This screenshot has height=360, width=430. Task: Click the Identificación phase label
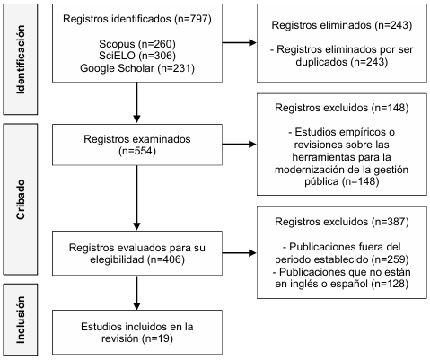[x=21, y=59]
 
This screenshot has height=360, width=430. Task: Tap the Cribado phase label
[x=21, y=199]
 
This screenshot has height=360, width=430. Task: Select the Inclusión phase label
[x=21, y=320]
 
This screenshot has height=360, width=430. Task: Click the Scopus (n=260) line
[x=137, y=44]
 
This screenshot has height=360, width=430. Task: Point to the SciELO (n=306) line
[x=137, y=56]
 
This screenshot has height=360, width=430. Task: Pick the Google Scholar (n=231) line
[x=137, y=68]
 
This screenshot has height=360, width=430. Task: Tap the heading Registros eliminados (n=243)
[x=341, y=25]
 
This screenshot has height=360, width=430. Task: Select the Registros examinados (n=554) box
[x=137, y=145]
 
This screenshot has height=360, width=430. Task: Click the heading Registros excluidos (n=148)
[x=341, y=108]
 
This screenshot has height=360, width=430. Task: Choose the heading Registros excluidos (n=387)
[x=341, y=222]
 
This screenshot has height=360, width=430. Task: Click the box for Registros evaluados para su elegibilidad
[x=137, y=253]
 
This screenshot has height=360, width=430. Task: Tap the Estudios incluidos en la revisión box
[x=137, y=332]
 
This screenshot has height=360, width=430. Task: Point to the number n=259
[x=391, y=259]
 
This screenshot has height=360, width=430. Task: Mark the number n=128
[x=390, y=284]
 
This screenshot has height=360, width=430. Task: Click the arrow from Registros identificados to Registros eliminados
[x=240, y=42]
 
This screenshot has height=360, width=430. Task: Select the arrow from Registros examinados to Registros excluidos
[x=240, y=145]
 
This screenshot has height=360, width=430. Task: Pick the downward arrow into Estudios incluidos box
[x=136, y=293]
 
